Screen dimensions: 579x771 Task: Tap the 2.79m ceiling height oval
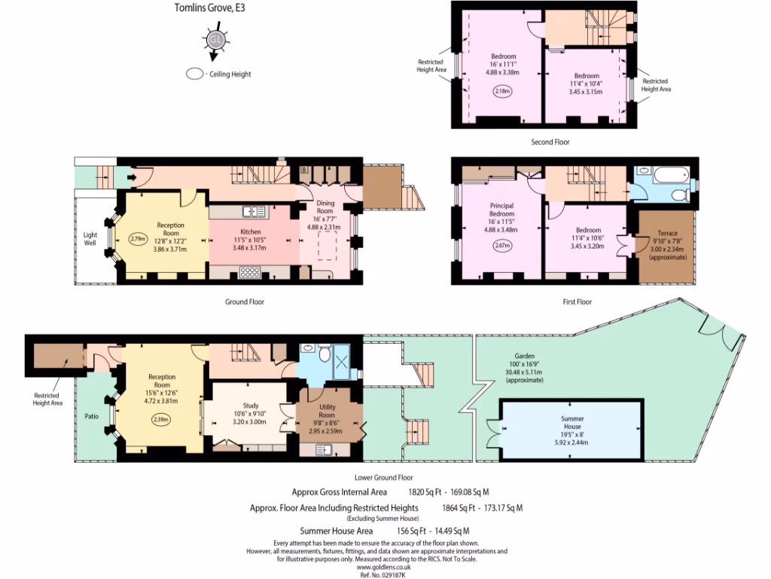click(x=137, y=239)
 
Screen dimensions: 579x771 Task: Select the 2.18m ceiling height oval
click(x=502, y=92)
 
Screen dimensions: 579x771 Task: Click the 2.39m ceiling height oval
click(x=161, y=419)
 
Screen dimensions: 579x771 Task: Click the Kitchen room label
click(x=250, y=231)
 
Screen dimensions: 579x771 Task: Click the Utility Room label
click(x=326, y=410)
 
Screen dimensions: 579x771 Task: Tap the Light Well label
click(x=90, y=239)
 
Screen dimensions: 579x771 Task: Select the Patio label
click(x=92, y=415)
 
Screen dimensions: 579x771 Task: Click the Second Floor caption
click(x=550, y=142)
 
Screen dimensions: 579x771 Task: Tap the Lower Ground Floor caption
click(x=383, y=477)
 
